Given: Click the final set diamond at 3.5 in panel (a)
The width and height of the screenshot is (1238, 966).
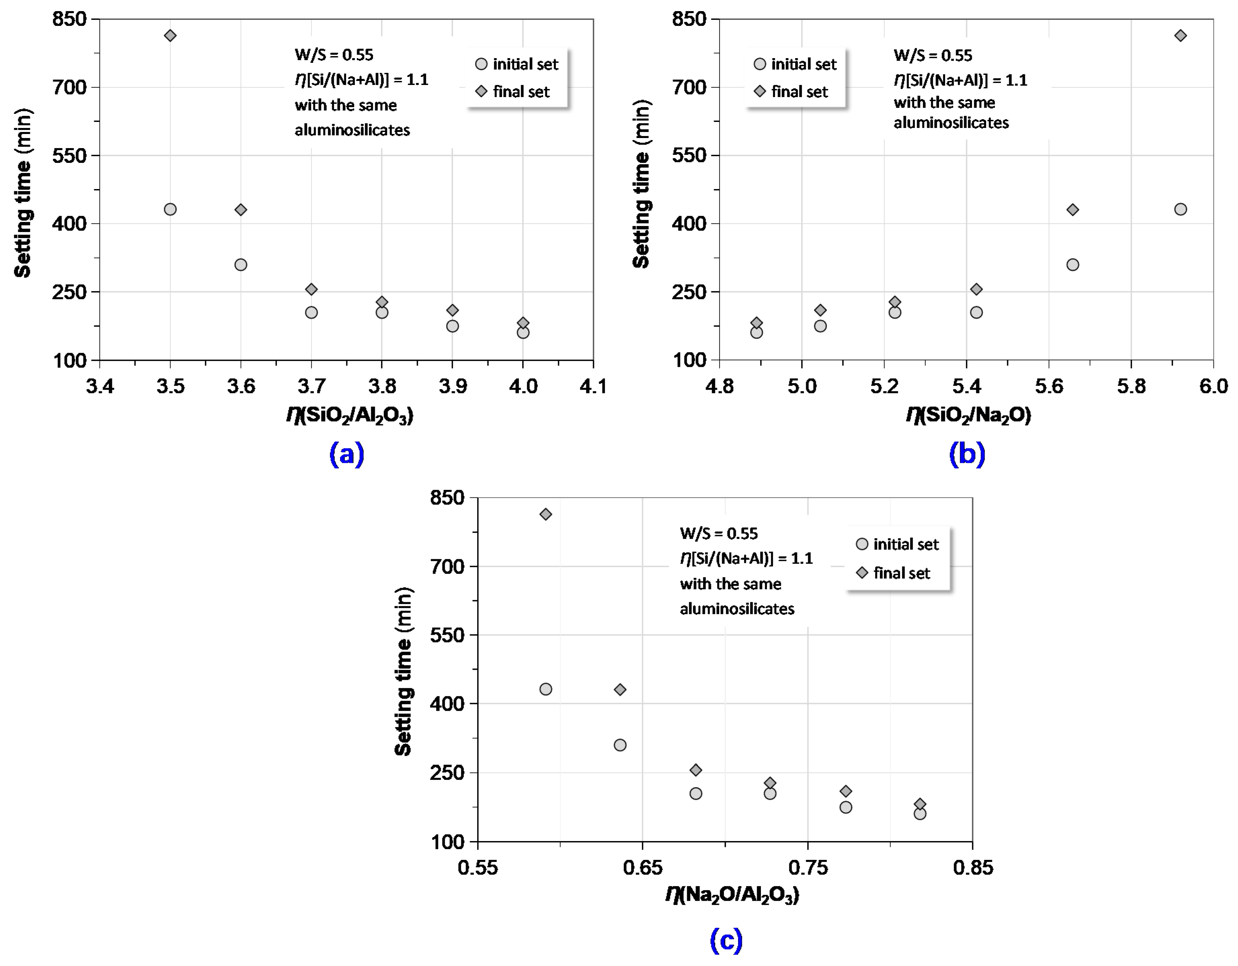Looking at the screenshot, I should click(170, 36).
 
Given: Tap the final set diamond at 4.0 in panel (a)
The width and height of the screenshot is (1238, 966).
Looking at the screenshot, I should click(523, 323).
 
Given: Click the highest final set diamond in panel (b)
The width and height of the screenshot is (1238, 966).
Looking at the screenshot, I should click(1180, 36).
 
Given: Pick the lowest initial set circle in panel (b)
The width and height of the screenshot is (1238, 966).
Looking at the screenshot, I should click(756, 333).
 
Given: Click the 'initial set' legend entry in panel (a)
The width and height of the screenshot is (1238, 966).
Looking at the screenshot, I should click(517, 64).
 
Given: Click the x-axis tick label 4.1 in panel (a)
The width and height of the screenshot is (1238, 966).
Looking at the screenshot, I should click(593, 386).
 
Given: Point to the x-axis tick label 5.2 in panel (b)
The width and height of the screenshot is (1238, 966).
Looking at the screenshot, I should click(884, 386).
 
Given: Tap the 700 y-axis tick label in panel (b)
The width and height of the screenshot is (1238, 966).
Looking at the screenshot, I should click(689, 87).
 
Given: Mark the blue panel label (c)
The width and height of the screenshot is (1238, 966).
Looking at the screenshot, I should click(726, 940).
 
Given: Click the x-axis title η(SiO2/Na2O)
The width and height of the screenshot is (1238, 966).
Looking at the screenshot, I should click(968, 415).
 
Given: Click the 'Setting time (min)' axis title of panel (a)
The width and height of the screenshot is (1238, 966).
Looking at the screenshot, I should click(22, 193).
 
